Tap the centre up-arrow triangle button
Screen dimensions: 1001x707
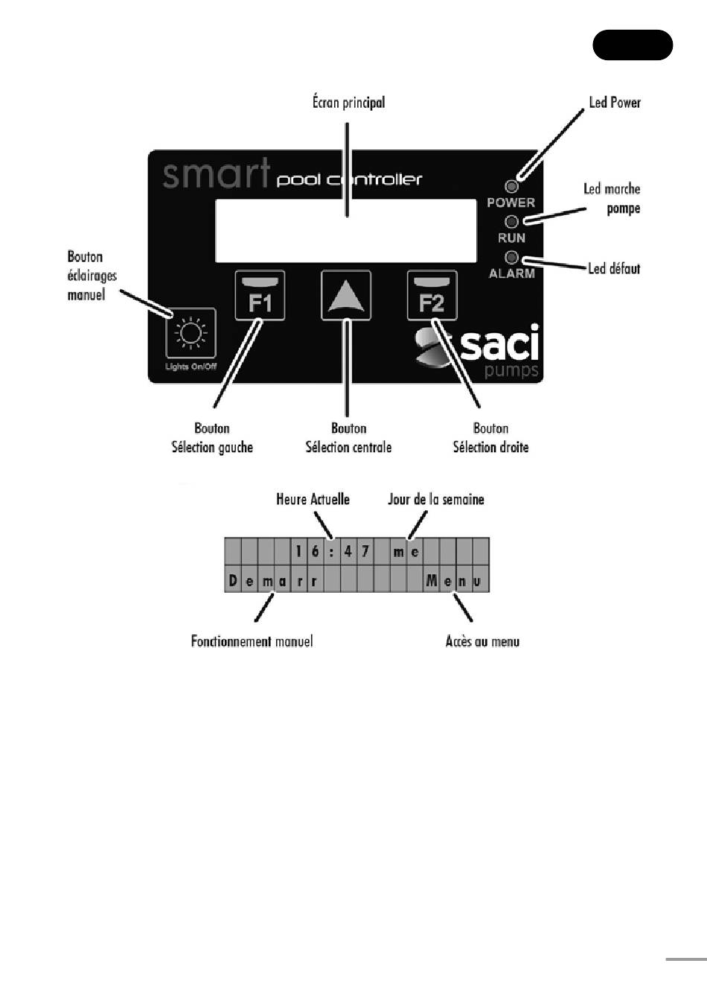coord(346,295)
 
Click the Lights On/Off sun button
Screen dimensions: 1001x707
coord(191,333)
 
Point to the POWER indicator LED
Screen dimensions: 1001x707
coord(511,187)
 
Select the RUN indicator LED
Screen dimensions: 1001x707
coord(511,222)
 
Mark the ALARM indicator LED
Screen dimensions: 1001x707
coord(511,258)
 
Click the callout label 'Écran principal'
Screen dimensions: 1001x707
coord(348,103)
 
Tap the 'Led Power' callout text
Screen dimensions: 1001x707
coord(614,103)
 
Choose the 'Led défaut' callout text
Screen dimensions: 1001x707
coord(613,268)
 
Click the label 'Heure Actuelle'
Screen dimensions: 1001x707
coord(313,499)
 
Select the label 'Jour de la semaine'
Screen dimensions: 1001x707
coord(435,499)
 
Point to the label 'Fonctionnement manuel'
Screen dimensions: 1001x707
coord(252,641)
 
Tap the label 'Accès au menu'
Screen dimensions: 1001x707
coord(482,641)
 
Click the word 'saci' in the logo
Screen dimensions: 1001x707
coord(499,344)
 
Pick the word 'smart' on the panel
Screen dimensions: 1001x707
coord(216,174)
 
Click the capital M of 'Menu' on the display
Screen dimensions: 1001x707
coord(432,581)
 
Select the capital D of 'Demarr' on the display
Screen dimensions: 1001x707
coord(233,581)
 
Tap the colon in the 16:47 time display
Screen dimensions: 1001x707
coord(332,552)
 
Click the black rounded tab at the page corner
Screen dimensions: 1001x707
coord(633,45)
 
